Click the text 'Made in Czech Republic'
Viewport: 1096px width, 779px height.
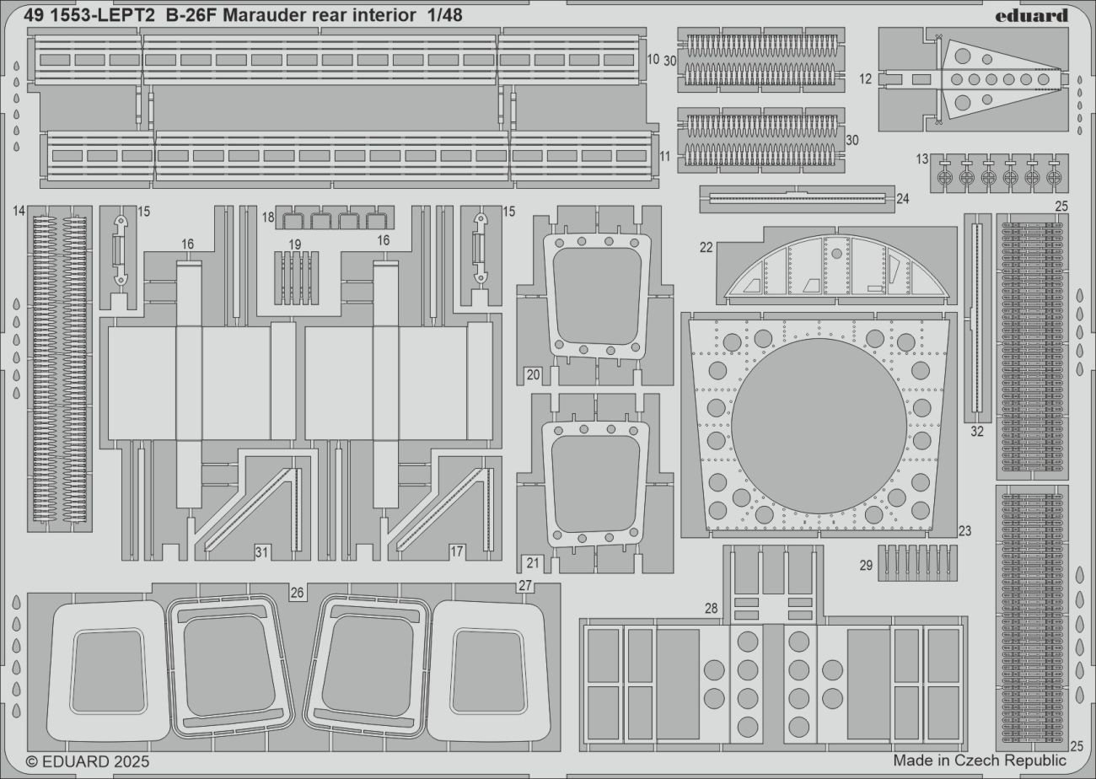(x=980, y=760)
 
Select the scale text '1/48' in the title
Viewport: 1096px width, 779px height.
(x=443, y=15)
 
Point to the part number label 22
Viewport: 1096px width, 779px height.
(x=706, y=247)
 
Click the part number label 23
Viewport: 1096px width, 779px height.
(x=965, y=531)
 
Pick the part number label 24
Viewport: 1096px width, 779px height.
(x=903, y=199)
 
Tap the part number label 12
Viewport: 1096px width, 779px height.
(x=866, y=79)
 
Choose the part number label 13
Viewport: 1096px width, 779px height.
(x=922, y=159)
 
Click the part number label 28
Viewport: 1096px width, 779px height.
(x=712, y=608)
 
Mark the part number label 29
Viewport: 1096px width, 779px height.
(x=866, y=565)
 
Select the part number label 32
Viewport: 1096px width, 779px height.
(x=977, y=432)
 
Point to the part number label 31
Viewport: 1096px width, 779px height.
(x=262, y=552)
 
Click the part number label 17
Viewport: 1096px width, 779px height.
(x=456, y=552)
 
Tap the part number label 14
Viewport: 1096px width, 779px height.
(x=19, y=212)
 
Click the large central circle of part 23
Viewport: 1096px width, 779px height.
(x=819, y=426)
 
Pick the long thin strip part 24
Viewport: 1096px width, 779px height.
(x=797, y=198)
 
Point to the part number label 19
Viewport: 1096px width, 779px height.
(x=295, y=244)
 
